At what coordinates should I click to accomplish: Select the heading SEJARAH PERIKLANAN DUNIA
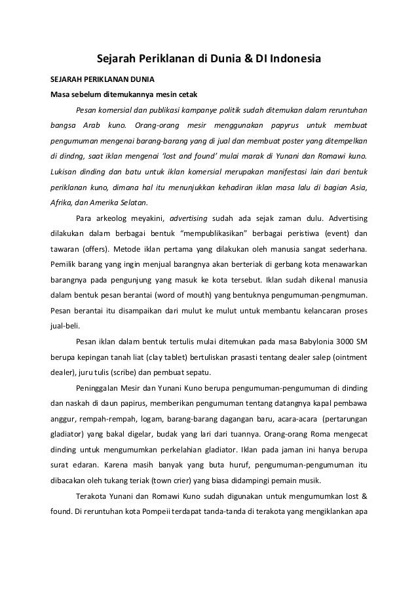click(99, 79)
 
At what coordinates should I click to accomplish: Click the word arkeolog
click(117, 218)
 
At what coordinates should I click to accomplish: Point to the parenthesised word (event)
click(328, 233)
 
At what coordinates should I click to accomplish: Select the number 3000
click(345, 342)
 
